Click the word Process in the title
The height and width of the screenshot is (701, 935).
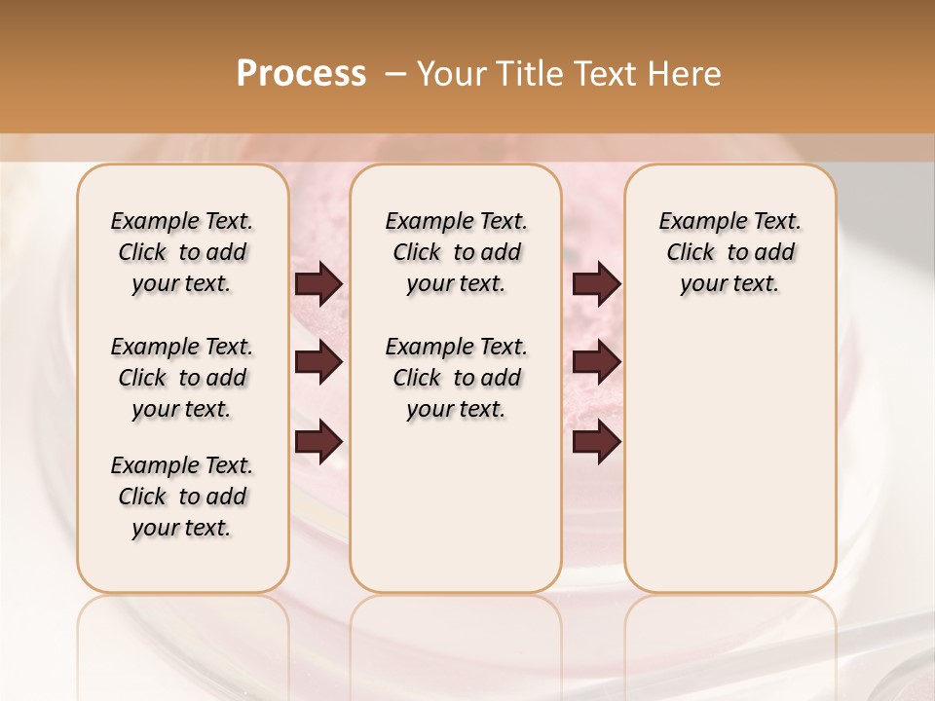click(x=301, y=74)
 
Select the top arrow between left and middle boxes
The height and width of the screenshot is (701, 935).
click(x=318, y=283)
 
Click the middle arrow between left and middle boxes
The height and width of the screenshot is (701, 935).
click(x=318, y=362)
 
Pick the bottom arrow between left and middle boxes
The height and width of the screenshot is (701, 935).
click(x=318, y=442)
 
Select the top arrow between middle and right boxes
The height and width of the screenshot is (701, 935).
click(x=596, y=283)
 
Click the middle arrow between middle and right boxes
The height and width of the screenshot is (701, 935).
click(x=596, y=362)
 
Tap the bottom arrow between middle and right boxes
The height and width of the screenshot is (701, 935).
click(x=596, y=442)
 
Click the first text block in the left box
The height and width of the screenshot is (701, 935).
click(x=182, y=252)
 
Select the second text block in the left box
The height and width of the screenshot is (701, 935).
click(x=182, y=378)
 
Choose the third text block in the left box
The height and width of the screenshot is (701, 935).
click(x=182, y=497)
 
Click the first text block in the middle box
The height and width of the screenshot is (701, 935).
click(x=456, y=252)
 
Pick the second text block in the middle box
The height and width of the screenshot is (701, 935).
click(x=456, y=378)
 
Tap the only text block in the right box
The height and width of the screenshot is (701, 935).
click(x=729, y=252)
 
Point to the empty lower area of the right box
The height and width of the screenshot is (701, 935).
click(x=729, y=467)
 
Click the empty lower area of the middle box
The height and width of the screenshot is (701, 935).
click(x=456, y=506)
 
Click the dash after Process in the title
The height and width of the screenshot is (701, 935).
click(x=395, y=74)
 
